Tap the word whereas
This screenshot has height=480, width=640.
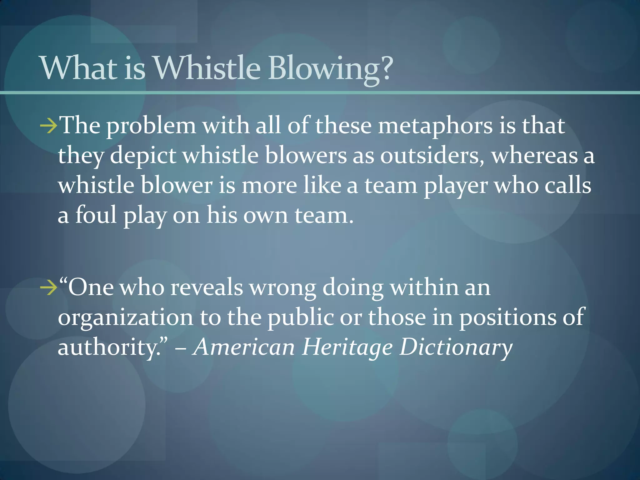pos(534,156)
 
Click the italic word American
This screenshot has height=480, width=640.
pos(244,347)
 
